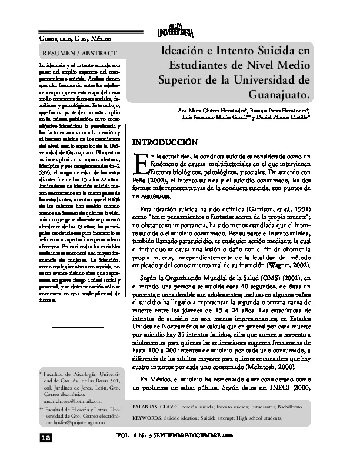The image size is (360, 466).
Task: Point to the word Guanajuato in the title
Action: pos(279,94)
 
